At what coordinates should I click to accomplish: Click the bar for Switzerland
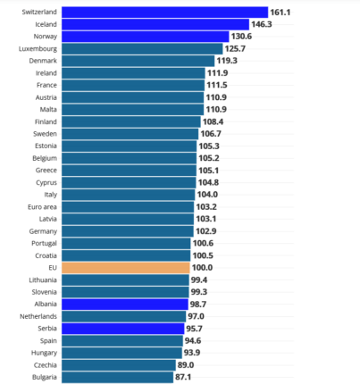pyautogui.click(x=165, y=13)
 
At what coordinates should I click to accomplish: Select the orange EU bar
pyautogui.click(x=126, y=267)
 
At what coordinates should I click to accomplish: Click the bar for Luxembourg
pyautogui.click(x=143, y=48)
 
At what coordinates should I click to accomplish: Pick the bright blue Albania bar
pyautogui.click(x=124, y=304)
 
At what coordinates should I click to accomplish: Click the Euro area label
pyautogui.click(x=39, y=206)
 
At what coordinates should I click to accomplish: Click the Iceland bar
pyautogui.click(x=156, y=25)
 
